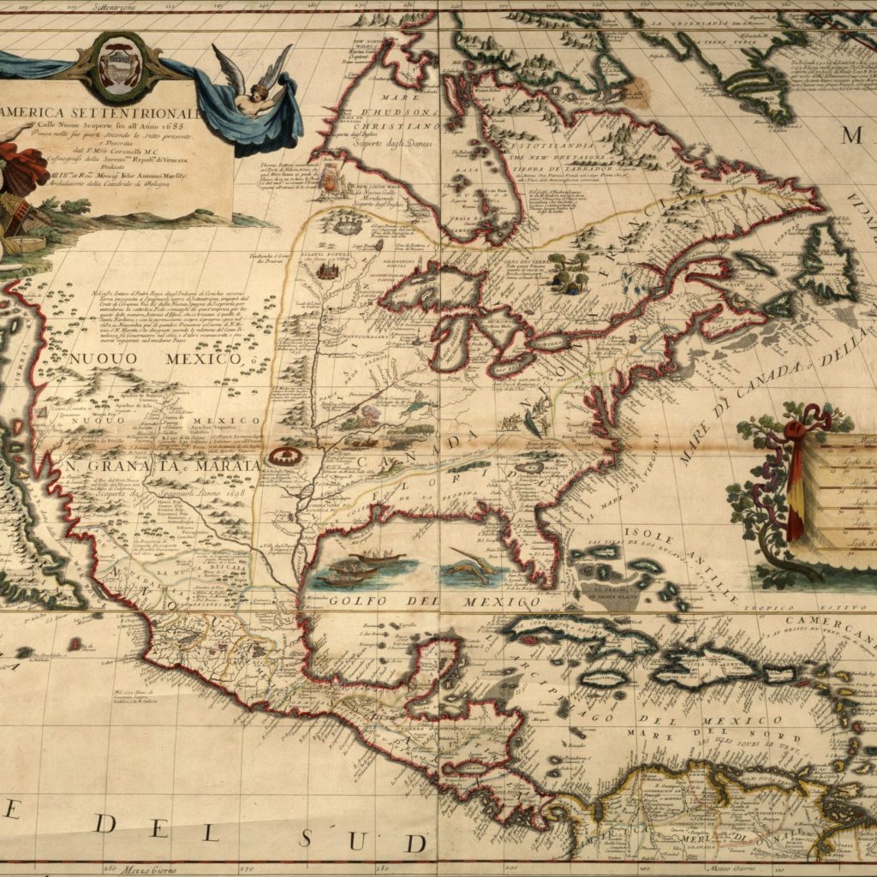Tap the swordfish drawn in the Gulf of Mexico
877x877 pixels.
pos(472,566)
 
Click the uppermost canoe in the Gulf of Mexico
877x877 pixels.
pos(377,557)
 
